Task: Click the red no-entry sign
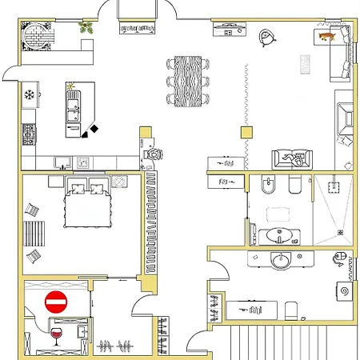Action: [56, 302]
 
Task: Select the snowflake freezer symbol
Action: [31, 95]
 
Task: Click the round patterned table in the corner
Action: [38, 34]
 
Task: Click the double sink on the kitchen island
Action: [74, 105]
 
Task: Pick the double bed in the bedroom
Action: [87, 204]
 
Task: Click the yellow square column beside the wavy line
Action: [246, 133]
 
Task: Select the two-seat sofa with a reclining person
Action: [292, 158]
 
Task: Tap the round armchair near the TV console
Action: [266, 37]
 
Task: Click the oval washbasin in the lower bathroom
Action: [280, 261]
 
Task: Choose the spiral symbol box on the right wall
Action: [346, 291]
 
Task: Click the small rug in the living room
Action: [305, 64]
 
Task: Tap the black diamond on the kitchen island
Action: [94, 129]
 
